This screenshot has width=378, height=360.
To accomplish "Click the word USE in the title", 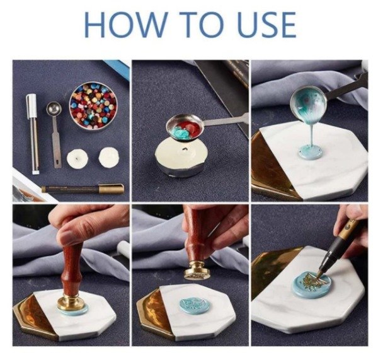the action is pos(266,25).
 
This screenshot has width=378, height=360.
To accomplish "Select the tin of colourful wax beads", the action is pos(93,106).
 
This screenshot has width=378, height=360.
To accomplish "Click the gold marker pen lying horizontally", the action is pos(83,189).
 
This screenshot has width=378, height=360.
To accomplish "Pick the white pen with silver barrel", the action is pos(33,134).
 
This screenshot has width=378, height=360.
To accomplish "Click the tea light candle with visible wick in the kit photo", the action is pos(77,158).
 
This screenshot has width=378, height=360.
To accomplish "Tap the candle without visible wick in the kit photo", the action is pos(109,157).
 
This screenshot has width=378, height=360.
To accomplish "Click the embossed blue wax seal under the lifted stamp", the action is pos(194,306).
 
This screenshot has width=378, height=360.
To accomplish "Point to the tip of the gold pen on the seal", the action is pos(318,276).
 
